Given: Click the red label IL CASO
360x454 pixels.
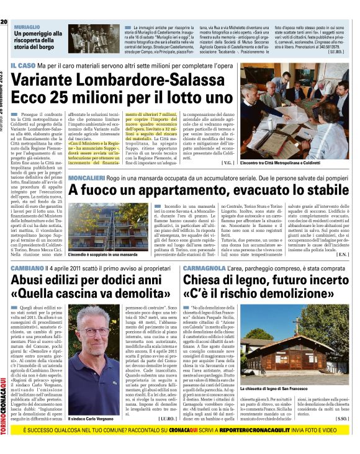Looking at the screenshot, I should pos(21,65).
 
